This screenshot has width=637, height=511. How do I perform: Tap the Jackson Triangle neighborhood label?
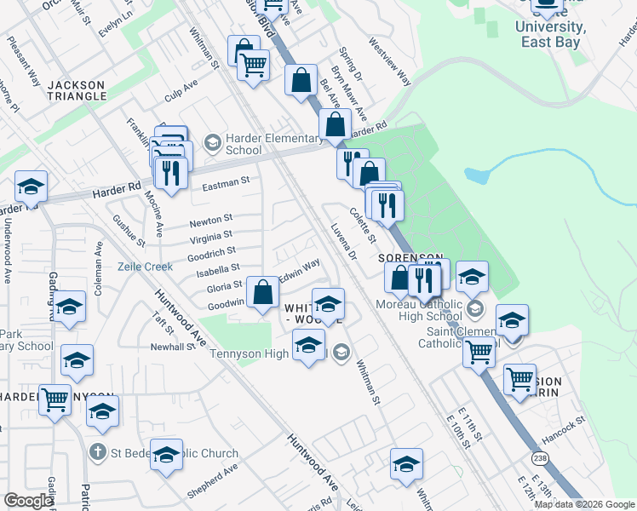(x=77, y=90)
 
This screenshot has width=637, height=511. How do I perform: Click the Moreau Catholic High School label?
(x=420, y=311)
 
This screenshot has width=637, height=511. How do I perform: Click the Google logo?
(x=28, y=501)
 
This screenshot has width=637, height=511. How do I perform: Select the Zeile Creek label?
(x=145, y=267)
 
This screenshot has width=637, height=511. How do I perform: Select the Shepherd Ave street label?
(x=213, y=483)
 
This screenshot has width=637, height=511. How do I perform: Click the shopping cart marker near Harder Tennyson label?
(x=55, y=398)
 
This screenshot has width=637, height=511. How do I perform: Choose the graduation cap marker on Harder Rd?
(x=31, y=187)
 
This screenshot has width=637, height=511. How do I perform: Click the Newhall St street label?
(x=173, y=347)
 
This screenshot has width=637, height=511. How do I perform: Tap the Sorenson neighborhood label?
(x=411, y=257)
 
